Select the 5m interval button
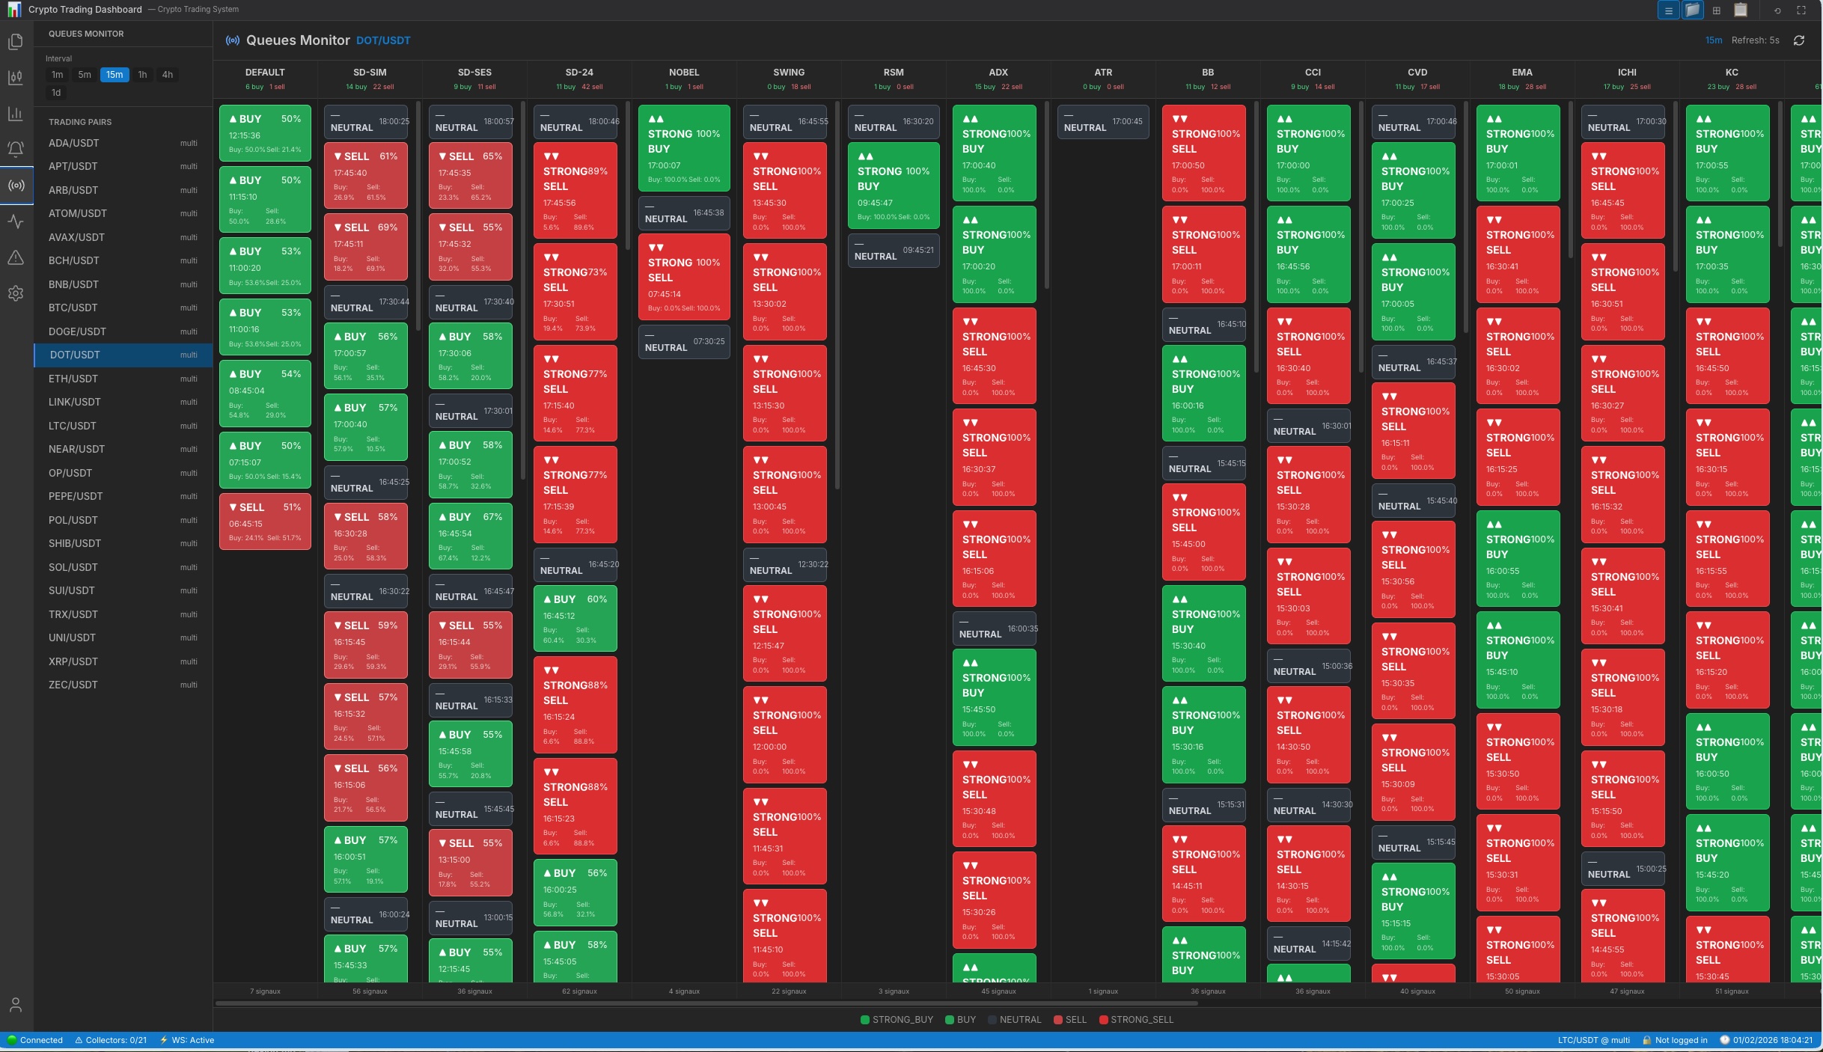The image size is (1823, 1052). click(x=85, y=75)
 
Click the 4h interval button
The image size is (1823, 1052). click(x=168, y=75)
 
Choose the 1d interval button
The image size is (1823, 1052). click(x=56, y=93)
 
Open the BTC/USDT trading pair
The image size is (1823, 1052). click(x=73, y=308)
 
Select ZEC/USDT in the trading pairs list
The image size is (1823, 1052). click(x=73, y=685)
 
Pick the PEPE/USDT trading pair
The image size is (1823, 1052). click(x=76, y=496)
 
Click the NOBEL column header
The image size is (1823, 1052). click(x=683, y=73)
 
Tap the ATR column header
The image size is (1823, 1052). click(x=1103, y=73)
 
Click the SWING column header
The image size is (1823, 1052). click(x=789, y=73)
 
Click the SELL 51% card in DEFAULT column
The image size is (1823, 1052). click(x=265, y=522)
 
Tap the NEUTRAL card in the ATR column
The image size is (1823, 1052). click(x=1102, y=122)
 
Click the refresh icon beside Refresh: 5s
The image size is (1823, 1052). click(x=1799, y=40)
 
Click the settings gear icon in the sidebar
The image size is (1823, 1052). click(x=16, y=293)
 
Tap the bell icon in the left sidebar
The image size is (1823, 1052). click(x=16, y=149)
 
